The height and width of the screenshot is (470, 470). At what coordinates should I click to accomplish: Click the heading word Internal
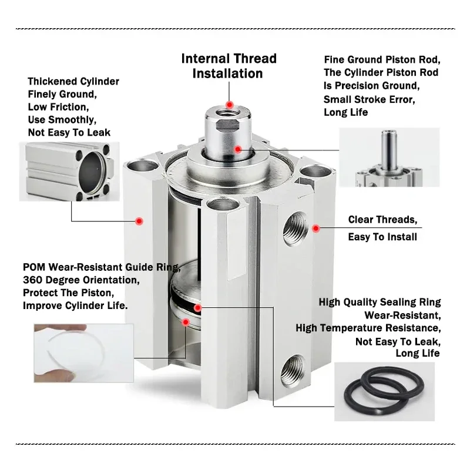pyautogui.click(x=206, y=59)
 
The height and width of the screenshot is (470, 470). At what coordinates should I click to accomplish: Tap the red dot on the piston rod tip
pyautogui.click(x=230, y=105)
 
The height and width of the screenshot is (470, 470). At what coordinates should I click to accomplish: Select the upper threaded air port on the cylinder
pyautogui.click(x=296, y=229)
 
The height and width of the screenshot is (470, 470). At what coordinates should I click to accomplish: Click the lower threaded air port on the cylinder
pyautogui.click(x=293, y=371)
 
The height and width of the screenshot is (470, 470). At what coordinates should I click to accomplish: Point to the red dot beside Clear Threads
pyautogui.click(x=315, y=229)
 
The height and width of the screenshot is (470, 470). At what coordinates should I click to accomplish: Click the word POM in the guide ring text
pyautogui.click(x=34, y=267)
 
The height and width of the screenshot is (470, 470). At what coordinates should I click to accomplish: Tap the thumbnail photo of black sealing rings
pyautogui.click(x=385, y=391)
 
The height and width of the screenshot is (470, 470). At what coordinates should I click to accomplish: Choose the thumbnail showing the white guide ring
pyautogui.click(x=83, y=353)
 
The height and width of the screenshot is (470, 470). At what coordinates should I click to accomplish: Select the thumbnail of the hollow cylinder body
pyautogui.click(x=69, y=172)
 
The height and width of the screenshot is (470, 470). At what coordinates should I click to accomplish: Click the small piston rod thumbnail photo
pyautogui.click(x=390, y=157)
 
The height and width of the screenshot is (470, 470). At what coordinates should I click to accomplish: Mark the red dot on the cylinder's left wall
pyautogui.click(x=139, y=221)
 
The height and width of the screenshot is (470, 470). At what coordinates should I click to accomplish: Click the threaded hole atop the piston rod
pyautogui.click(x=228, y=113)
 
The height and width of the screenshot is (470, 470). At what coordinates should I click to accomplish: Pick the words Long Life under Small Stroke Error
pyautogui.click(x=345, y=112)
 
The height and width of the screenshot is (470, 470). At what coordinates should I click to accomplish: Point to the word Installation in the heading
pyautogui.click(x=227, y=74)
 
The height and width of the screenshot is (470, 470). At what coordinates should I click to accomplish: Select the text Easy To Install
pyautogui.click(x=382, y=237)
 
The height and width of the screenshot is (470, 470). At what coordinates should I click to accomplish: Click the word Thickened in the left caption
pyautogui.click(x=48, y=81)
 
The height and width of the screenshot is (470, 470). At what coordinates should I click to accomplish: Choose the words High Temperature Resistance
pyautogui.click(x=368, y=328)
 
